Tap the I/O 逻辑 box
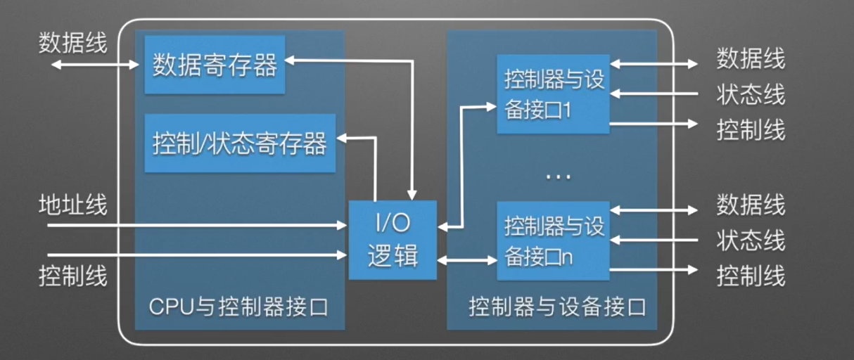[393, 240]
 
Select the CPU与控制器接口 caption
[238, 308]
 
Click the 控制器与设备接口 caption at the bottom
[557, 308]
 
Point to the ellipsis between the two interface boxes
[558, 176]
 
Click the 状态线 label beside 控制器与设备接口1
[751, 94]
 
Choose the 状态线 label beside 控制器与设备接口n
[751, 240]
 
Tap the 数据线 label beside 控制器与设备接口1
[751, 60]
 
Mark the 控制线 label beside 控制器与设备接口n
[751, 276]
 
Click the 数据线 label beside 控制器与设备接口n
[751, 206]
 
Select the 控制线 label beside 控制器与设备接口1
[751, 130]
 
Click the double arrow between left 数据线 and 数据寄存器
[96, 65]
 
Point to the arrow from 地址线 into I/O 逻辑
[197, 226]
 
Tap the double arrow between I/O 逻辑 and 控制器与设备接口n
[467, 260]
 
